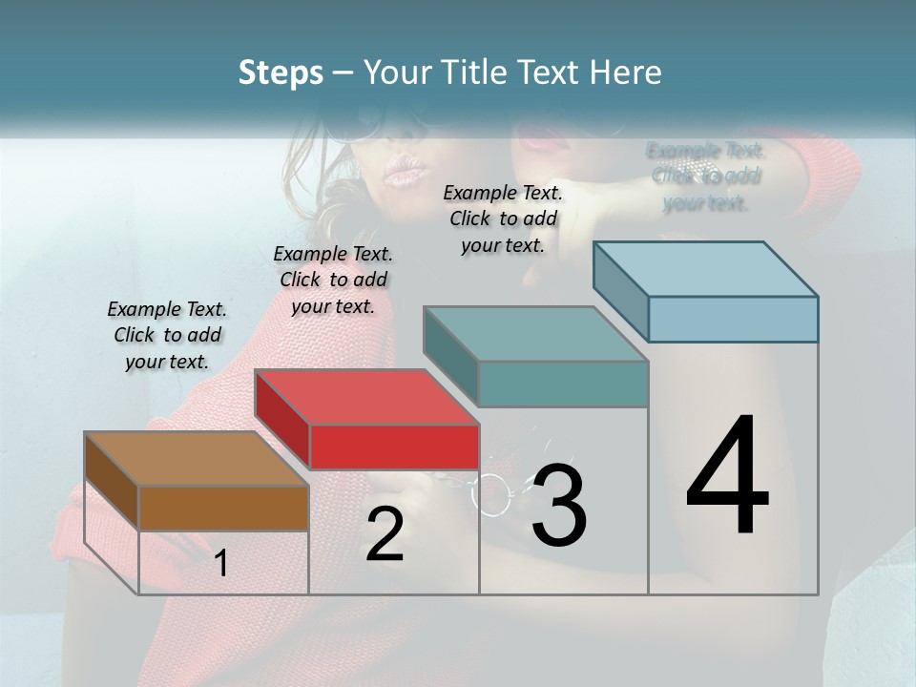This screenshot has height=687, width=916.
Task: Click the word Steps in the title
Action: (x=281, y=73)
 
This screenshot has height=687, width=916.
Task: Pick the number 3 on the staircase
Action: (x=559, y=506)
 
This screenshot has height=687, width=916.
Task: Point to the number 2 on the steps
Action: (x=385, y=534)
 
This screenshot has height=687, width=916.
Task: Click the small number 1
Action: (x=220, y=564)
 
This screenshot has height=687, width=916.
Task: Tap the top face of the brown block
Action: (x=196, y=459)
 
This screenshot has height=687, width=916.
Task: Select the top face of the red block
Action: (x=366, y=397)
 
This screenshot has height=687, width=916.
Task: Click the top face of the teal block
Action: (x=535, y=334)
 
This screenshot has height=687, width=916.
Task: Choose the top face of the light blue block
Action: (x=706, y=269)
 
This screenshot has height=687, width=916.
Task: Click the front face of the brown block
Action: (x=223, y=508)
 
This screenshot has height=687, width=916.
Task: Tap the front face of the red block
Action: (x=394, y=447)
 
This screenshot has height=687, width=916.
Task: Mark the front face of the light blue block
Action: (x=733, y=319)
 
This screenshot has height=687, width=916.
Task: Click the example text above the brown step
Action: (x=167, y=335)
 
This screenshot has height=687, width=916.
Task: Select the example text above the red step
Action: (x=333, y=280)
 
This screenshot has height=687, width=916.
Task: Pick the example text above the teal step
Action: (x=503, y=219)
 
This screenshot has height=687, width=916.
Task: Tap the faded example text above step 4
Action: (x=705, y=177)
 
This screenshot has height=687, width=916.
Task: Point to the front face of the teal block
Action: (x=563, y=384)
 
